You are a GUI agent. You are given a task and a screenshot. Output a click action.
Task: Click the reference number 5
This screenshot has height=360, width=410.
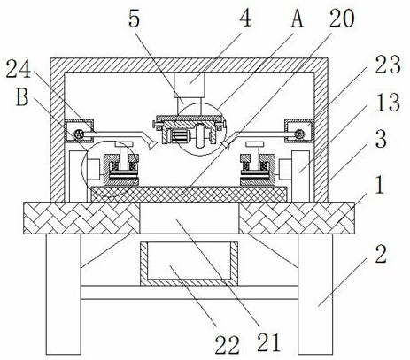pyautogui.click(x=135, y=19)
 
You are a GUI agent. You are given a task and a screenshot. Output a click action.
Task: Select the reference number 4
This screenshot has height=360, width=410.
pyautogui.click(x=245, y=17)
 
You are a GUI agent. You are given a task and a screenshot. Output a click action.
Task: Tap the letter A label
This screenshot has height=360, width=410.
pyautogui.click(x=298, y=19)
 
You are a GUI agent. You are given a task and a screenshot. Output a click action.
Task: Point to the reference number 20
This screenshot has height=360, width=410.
pyautogui.click(x=342, y=19)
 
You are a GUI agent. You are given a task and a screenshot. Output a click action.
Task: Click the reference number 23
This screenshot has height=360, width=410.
pyautogui.click(x=388, y=64)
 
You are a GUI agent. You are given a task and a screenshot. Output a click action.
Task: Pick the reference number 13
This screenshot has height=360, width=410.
pyautogui.click(x=388, y=102)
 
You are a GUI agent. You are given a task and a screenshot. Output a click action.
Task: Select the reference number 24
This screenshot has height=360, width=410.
pyautogui.click(x=19, y=68)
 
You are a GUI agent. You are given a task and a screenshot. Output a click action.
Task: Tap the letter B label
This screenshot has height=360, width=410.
pyautogui.click(x=22, y=97)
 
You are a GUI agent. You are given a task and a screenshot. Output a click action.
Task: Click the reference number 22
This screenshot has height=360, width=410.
pyautogui.click(x=227, y=345)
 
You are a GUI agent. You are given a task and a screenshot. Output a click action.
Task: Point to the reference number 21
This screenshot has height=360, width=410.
pyautogui.click(x=268, y=342)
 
